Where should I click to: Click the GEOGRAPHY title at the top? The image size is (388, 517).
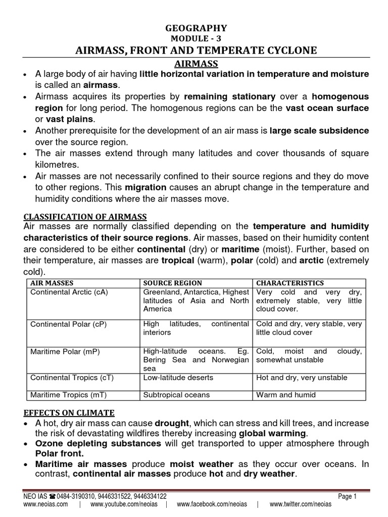click(196, 28)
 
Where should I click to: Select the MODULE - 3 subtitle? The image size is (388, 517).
click(196, 38)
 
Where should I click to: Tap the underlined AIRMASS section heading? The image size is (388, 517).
click(196, 64)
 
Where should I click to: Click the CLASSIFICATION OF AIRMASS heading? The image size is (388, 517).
click(85, 217)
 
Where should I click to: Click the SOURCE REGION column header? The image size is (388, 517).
click(173, 283)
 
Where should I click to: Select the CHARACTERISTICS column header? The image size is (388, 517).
click(290, 283)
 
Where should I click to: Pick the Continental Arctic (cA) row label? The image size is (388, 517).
click(70, 292)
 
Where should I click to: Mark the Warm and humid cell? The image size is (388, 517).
click(286, 395)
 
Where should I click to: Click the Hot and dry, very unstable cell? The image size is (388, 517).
click(302, 378)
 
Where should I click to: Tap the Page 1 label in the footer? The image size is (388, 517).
click(348, 496)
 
